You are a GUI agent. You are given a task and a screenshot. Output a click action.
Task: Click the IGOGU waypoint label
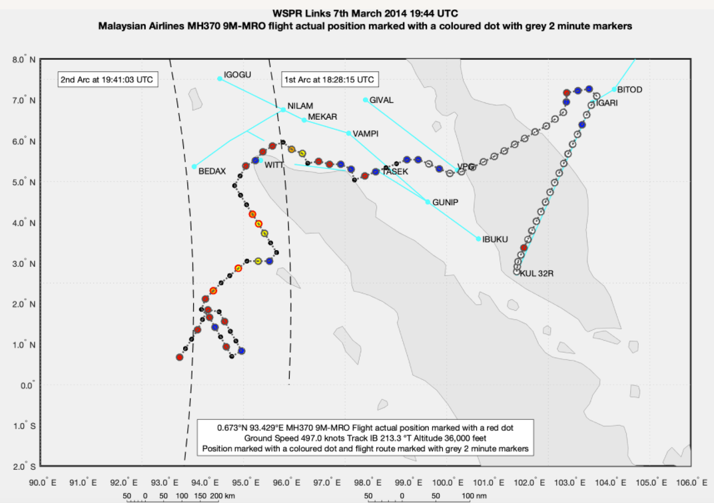238,75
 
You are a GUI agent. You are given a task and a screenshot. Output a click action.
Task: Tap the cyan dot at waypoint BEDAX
194,166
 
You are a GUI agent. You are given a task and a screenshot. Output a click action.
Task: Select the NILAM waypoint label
300,106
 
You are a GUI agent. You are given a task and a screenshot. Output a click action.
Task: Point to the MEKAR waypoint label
322,116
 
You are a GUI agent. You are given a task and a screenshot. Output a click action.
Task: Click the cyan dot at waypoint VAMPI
348,133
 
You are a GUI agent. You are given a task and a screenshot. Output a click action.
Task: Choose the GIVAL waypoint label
382,100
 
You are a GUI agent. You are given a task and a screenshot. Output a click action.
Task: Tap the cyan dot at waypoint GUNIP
428,202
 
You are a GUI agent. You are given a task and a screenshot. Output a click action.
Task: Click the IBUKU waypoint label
495,239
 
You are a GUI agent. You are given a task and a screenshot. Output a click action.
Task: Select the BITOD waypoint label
629,90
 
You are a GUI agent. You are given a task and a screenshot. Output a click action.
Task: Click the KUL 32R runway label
537,273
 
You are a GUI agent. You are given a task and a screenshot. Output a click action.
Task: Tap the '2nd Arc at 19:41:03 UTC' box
107,80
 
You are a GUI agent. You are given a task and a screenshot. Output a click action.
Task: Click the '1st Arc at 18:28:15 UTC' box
330,80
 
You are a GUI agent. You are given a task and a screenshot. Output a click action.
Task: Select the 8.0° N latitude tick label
25,60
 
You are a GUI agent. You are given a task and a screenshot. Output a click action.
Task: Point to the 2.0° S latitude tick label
25,466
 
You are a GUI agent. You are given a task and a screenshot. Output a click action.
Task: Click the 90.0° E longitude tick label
41,482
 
